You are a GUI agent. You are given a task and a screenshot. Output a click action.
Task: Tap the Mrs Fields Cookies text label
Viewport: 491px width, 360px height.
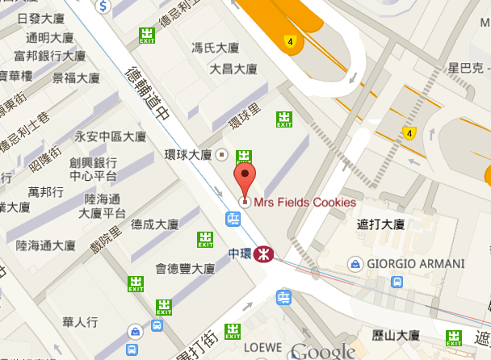click(x=304, y=203)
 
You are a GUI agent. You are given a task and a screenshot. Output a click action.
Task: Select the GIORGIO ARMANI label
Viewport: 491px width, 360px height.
click(x=416, y=264)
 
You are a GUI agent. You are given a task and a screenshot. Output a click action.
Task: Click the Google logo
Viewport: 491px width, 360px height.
click(x=323, y=351)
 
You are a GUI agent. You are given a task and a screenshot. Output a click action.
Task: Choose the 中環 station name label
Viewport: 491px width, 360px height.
click(x=240, y=253)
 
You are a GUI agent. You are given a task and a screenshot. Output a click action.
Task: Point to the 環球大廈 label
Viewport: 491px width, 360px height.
click(x=187, y=154)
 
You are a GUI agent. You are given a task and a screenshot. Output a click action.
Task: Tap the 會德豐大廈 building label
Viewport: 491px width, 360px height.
click(x=185, y=269)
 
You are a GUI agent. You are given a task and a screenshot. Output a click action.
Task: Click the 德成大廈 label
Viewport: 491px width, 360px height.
click(x=154, y=224)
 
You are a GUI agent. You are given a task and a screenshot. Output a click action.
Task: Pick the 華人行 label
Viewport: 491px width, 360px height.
click(x=80, y=322)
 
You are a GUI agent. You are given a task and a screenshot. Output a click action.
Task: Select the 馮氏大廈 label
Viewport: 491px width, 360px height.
click(x=215, y=48)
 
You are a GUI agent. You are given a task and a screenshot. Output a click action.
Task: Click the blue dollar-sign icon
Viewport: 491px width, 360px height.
click(x=103, y=6)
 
